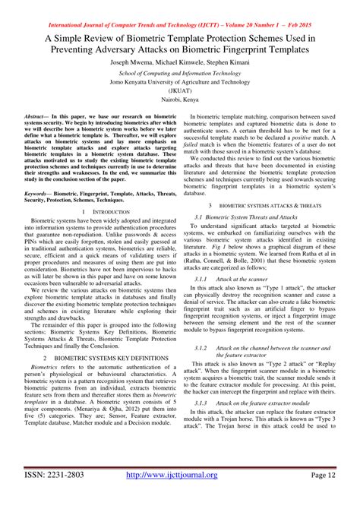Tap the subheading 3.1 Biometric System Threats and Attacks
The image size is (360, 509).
click(246, 217)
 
